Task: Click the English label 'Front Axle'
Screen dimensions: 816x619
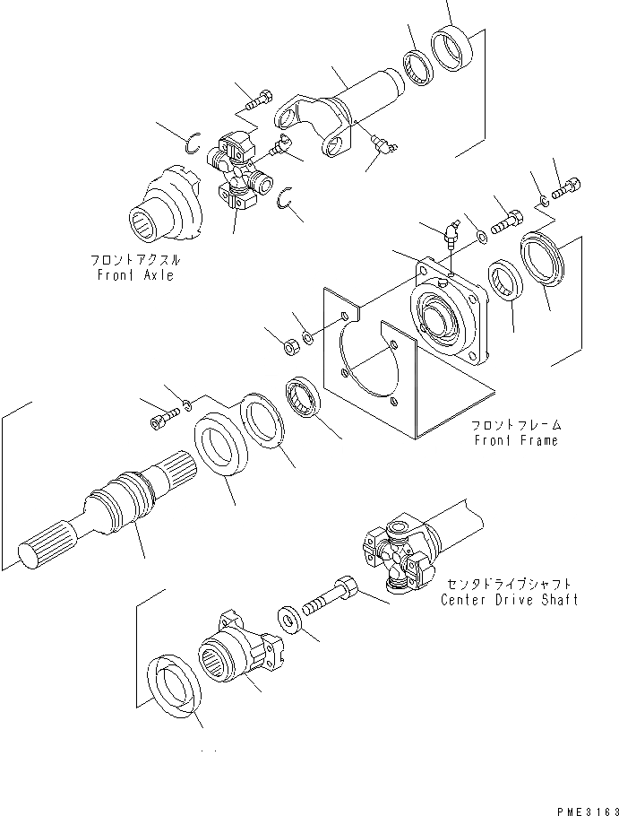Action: tap(136, 274)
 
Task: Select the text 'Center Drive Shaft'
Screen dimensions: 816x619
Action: tap(509, 599)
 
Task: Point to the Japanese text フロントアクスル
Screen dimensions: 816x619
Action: tap(135, 259)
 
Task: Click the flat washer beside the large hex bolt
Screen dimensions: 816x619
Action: tap(289, 618)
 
